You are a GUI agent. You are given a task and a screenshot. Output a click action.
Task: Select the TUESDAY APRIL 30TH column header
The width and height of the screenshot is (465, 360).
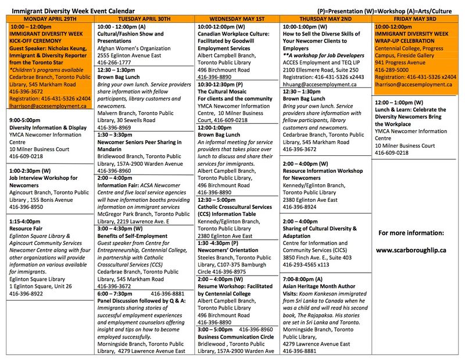click(x=144, y=19)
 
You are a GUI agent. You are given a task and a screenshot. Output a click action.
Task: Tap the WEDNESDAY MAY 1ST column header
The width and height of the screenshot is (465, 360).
click(x=237, y=19)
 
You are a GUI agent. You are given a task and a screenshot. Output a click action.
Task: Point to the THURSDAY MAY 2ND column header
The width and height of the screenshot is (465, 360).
click(x=325, y=19)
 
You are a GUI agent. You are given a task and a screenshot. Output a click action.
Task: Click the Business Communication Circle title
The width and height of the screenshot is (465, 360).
click(x=235, y=336)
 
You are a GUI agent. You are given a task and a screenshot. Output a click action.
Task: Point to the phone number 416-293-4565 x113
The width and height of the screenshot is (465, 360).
click(x=310, y=265)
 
